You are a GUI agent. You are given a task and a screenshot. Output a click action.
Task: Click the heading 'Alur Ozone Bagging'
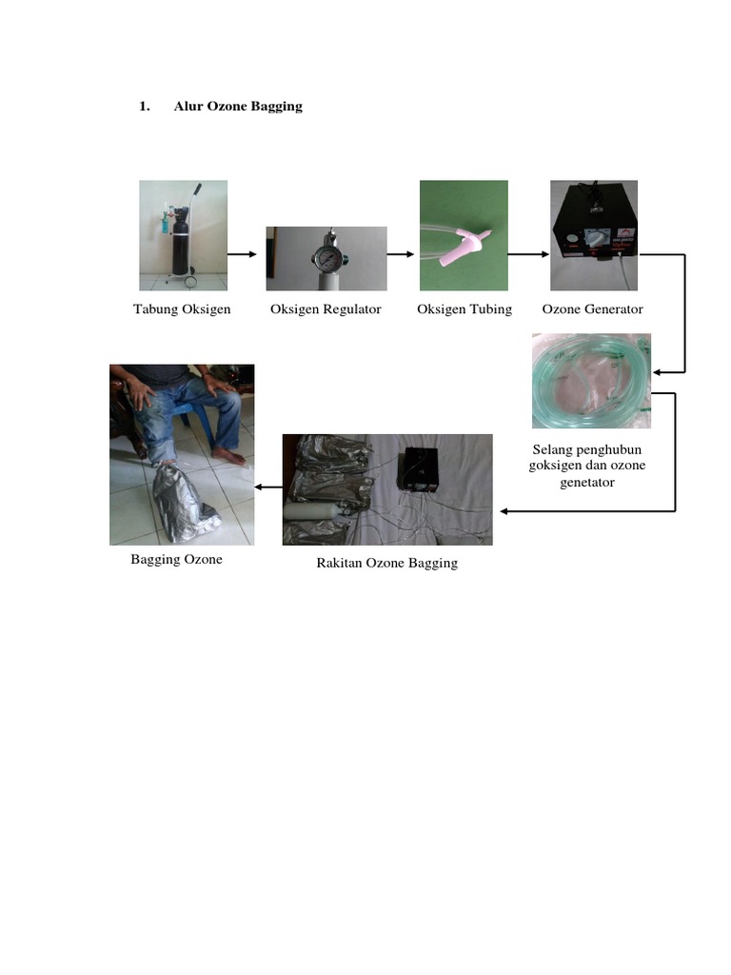(238, 107)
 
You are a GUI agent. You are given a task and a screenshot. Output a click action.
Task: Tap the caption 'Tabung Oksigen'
(182, 309)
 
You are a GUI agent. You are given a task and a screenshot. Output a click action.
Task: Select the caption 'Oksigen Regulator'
(326, 309)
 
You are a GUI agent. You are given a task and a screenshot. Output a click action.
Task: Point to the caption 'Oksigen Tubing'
(464, 309)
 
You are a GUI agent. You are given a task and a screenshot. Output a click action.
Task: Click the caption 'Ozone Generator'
(592, 309)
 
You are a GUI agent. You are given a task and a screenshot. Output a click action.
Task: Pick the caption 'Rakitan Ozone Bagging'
(386, 563)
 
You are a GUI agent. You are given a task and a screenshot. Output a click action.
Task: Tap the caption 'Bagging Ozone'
(176, 559)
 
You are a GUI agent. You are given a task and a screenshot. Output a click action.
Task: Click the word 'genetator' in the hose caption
(587, 482)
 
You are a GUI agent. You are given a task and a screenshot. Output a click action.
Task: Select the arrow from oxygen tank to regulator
(242, 254)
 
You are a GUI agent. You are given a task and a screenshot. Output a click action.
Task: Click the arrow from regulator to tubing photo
(401, 254)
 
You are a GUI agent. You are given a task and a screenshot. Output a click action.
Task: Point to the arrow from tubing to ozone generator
(528, 254)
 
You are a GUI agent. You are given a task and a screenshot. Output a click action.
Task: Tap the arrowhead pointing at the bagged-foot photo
(259, 487)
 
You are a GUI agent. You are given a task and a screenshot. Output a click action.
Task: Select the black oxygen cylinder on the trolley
(180, 243)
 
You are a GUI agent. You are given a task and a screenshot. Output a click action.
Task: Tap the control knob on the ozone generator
(595, 238)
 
